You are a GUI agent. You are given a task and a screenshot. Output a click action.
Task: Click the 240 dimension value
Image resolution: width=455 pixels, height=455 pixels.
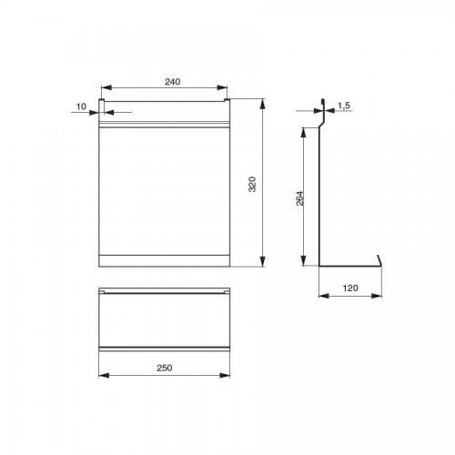coord(172,82)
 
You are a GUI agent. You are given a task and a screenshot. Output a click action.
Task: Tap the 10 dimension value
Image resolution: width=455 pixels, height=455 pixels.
coord(81,106)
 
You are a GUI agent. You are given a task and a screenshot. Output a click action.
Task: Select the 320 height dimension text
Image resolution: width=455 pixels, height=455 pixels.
coord(252,184)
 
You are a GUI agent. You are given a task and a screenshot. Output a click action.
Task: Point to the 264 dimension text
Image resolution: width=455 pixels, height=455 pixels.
coord(299,198)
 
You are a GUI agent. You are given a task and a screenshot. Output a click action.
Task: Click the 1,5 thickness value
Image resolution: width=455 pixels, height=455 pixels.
coord(344,106)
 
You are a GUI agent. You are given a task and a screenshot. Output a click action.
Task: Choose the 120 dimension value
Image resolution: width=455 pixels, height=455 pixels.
coord(350,288)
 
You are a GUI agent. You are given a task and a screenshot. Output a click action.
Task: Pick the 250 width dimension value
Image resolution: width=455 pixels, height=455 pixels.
coord(165,368)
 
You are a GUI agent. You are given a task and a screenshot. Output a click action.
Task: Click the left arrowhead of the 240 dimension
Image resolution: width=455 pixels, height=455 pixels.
coord(106,88)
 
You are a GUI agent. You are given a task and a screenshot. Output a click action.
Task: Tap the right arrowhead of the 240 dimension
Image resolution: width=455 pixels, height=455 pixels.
coord(222,88)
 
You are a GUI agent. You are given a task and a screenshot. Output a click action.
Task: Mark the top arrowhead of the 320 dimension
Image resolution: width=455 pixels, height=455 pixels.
coord(263,104)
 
